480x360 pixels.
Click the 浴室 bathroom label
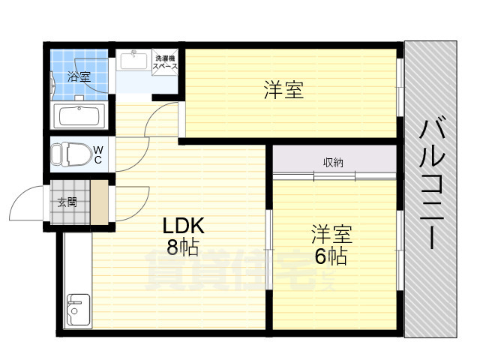pos(79,76)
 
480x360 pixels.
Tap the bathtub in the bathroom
pos(79,116)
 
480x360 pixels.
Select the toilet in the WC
pos(71,154)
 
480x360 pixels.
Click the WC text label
pos(98,154)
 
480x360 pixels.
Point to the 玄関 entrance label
pos(67,202)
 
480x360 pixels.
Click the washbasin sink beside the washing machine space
pos(133,60)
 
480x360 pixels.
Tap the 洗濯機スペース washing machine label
pos(165,62)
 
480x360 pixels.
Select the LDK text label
pos(183,226)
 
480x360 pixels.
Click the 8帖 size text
pos(183,247)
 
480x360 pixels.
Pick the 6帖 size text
pos(331,256)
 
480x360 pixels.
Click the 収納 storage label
pos(333,163)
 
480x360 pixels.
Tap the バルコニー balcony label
pos(432,184)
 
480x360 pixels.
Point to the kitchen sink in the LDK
pos(78,310)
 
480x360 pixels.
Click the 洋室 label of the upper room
pos(283,89)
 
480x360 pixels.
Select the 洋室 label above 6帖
pos(331,234)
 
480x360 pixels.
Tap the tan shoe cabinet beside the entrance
pos(100,202)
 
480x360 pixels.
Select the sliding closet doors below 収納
pos(334,176)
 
